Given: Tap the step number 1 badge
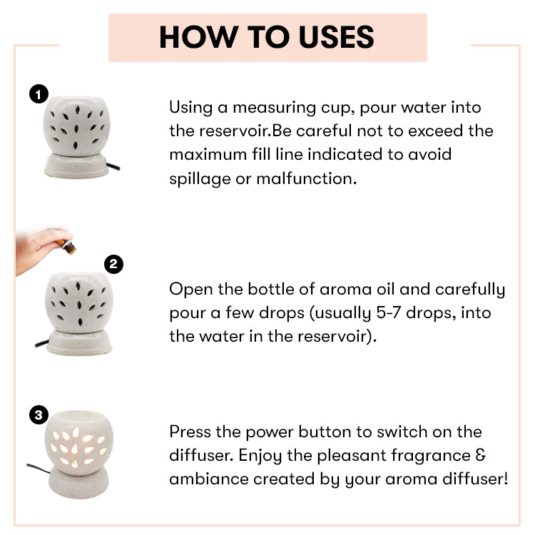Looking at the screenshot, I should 39,94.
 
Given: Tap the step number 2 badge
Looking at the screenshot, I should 113,265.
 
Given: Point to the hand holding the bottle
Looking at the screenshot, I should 39,250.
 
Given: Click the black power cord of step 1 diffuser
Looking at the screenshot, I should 113,166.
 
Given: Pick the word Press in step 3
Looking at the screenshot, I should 190,432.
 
